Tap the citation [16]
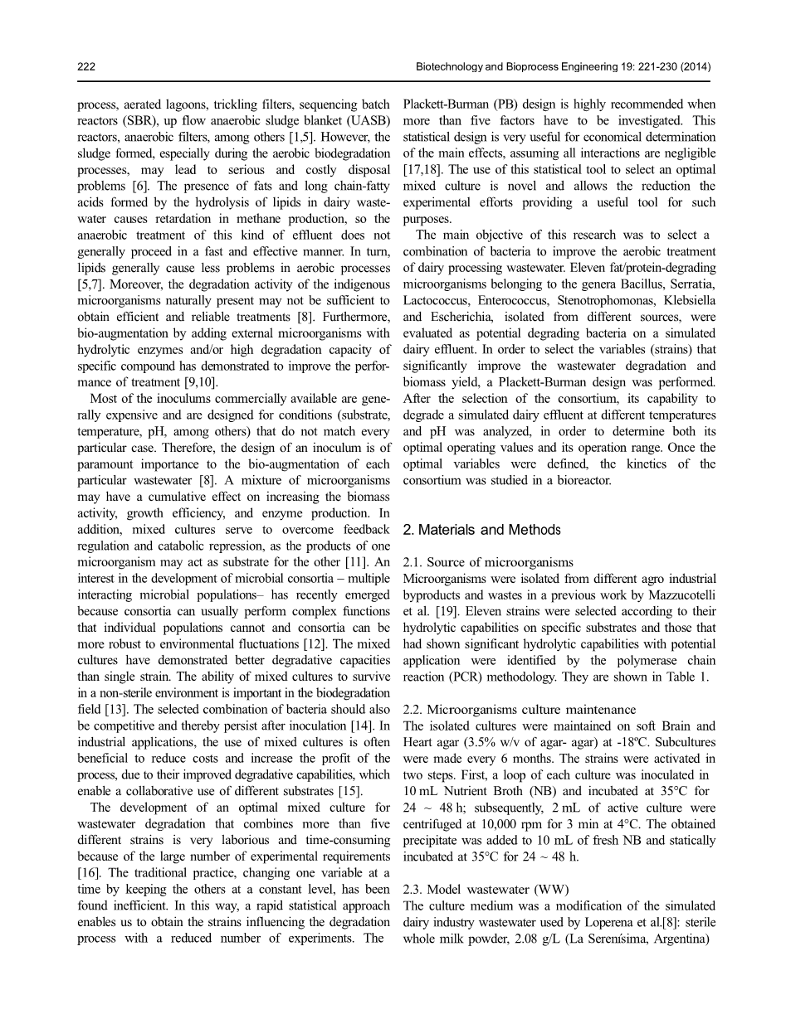[89, 869]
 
